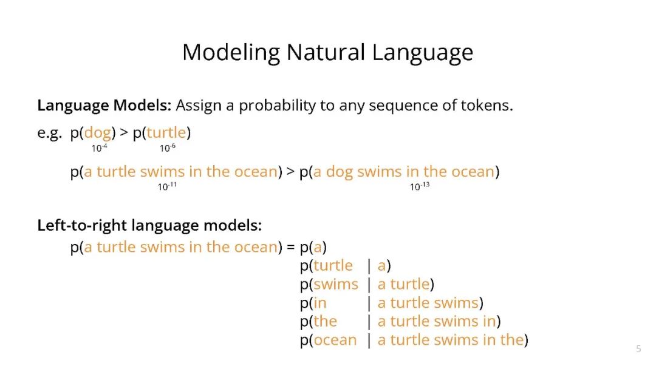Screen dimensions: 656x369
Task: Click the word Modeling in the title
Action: coord(231,53)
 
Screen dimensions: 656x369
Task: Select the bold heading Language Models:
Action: coord(104,106)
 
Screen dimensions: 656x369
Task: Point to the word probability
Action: coord(277,106)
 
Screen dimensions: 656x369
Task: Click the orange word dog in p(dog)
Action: coord(98,133)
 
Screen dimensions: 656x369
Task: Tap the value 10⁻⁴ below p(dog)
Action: coord(100,147)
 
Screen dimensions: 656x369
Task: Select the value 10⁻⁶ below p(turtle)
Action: coord(168,147)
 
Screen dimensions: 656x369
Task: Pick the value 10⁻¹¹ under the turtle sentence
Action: coord(167,186)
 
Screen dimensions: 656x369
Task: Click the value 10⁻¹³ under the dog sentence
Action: coord(420,186)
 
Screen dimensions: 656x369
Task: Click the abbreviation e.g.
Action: coord(49,134)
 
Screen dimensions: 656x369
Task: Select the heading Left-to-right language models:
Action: coord(149,226)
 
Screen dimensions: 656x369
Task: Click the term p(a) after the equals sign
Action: coord(313,248)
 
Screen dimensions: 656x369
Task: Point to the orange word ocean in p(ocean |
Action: coord(335,340)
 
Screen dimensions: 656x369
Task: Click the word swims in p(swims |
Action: coord(336,285)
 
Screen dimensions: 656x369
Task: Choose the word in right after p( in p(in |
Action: coord(320,303)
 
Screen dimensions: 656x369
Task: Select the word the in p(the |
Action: coord(326,322)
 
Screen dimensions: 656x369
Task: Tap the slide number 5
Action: coord(638,349)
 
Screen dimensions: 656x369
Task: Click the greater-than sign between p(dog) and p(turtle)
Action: coord(124,133)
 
